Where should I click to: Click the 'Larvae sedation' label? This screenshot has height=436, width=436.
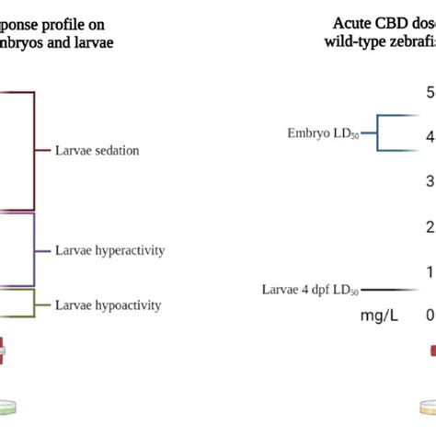[98, 150]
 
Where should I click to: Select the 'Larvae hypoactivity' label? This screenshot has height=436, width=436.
[109, 304]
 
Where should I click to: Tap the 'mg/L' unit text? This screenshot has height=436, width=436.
[380, 316]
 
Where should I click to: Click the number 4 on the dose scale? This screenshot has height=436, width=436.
[430, 137]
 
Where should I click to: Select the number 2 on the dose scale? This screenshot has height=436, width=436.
[430, 226]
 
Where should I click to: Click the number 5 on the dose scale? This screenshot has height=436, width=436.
[430, 92]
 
